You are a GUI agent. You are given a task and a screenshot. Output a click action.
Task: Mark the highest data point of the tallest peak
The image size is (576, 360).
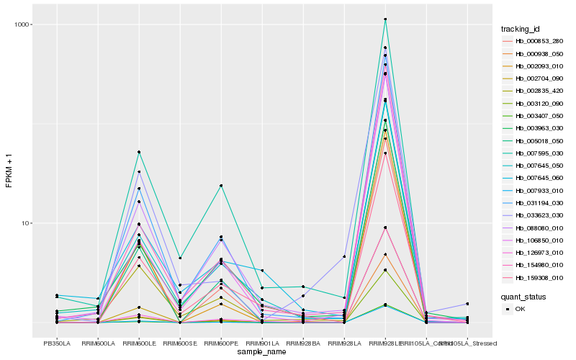pyautogui.click(x=385, y=19)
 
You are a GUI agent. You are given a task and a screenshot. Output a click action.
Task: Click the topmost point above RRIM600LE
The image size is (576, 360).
pyautogui.click(x=139, y=152)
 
